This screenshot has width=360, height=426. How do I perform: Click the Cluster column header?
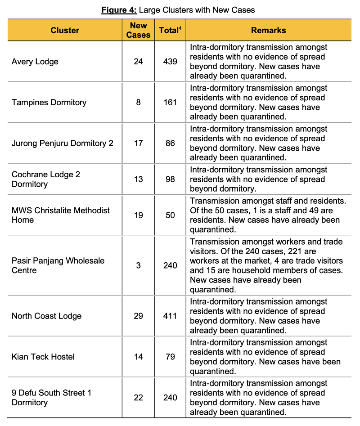(x=65, y=31)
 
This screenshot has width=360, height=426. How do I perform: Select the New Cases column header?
(x=138, y=31)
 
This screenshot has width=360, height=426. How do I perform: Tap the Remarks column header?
(x=268, y=31)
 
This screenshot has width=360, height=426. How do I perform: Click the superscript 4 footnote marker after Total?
(x=180, y=28)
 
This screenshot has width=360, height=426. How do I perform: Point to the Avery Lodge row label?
(x=35, y=62)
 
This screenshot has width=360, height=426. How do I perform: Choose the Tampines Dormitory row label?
(x=49, y=103)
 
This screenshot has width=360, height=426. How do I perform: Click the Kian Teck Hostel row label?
(x=43, y=357)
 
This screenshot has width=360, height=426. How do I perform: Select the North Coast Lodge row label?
(x=47, y=316)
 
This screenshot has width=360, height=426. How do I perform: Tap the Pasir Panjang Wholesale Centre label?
(x=58, y=265)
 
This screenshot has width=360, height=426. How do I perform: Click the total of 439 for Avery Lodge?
(x=170, y=62)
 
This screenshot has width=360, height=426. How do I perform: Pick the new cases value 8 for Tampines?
(x=138, y=103)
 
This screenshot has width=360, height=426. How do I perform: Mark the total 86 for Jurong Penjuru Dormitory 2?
(x=170, y=143)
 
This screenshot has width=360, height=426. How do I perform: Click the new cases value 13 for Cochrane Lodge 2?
(x=138, y=179)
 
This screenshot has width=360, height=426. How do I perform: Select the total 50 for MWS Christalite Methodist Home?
(x=170, y=215)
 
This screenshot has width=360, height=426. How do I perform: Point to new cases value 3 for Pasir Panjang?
(x=138, y=265)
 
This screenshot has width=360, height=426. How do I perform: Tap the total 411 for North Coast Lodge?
(x=170, y=316)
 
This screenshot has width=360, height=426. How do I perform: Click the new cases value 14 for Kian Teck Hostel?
(x=138, y=357)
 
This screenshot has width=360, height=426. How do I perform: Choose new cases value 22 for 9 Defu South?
(x=138, y=398)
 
